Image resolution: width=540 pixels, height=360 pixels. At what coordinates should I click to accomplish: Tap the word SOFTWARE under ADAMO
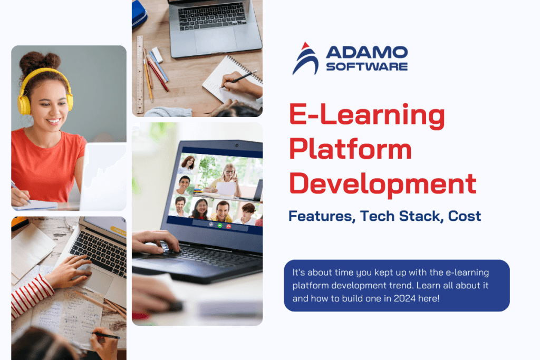(367, 66)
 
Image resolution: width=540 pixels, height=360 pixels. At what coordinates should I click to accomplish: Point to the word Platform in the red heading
(350, 150)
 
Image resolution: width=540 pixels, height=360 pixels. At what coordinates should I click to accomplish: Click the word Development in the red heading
(383, 184)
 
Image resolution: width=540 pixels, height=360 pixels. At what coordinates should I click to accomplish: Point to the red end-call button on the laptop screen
(228, 225)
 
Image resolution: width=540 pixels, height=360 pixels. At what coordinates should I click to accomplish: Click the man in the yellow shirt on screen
(222, 211)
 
